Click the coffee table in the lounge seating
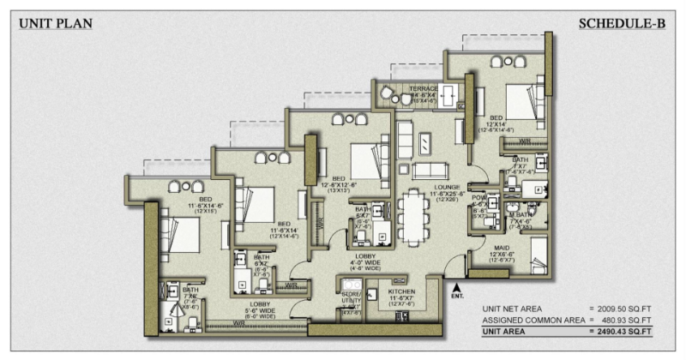424,141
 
